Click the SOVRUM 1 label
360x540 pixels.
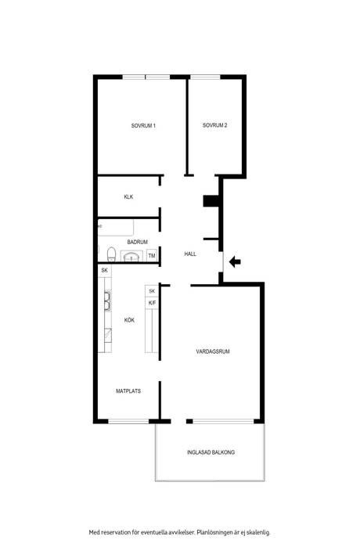(143, 126)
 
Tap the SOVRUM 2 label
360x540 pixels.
(214, 125)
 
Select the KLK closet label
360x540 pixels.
(128, 197)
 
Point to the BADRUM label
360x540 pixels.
(138, 242)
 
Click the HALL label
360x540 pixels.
(190, 254)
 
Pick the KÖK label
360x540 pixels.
(129, 320)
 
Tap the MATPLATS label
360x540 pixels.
(128, 391)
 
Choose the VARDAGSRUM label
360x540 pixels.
(213, 351)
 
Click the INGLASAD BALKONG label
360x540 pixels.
(211, 452)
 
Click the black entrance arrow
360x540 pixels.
(235, 261)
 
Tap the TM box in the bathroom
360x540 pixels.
(152, 256)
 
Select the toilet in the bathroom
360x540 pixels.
(111, 254)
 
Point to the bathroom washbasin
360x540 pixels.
(131, 257)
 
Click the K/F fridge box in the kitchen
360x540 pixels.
(152, 303)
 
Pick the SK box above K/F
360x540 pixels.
(152, 291)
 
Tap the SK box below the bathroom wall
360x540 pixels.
(105, 270)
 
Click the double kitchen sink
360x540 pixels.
(107, 301)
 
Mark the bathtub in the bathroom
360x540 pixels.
(116, 228)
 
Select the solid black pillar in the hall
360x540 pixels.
(211, 201)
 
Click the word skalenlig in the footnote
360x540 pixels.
(258, 532)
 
